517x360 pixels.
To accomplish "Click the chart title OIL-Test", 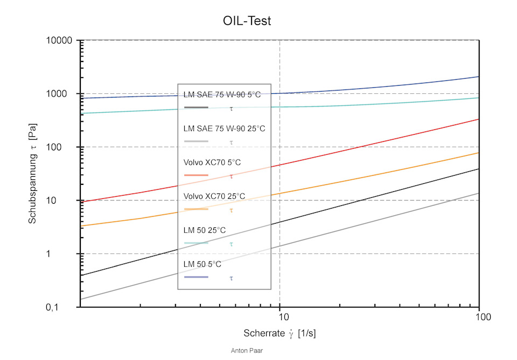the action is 247,21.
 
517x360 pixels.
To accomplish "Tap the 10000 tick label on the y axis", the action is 59,40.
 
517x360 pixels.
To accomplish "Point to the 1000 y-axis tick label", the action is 57,94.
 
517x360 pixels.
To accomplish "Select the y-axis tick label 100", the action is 54,147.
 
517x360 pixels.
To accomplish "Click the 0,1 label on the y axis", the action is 52,308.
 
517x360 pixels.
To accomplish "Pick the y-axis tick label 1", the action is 48,254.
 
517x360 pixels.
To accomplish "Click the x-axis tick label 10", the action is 284,317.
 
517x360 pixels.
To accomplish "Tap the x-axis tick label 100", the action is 483,317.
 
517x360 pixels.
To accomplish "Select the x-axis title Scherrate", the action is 264,333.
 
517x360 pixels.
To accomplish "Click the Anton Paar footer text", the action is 247,351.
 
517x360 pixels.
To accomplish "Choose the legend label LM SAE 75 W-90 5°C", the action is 222,95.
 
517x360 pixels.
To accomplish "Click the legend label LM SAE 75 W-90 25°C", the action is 224,129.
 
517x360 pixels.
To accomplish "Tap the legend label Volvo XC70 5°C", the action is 212,162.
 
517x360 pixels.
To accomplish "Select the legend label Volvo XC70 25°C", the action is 214,196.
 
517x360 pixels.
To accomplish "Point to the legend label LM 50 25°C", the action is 205,230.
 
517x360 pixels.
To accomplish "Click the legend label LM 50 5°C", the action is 202,264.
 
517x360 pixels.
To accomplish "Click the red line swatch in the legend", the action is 196,175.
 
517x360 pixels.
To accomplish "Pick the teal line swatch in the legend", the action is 196,243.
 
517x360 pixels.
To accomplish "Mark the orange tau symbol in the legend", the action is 232,210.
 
